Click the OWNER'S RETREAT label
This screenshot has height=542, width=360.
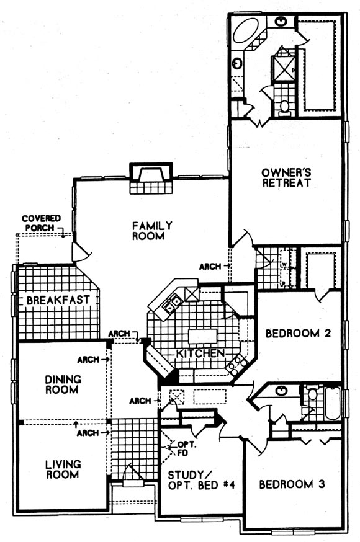click(286, 178)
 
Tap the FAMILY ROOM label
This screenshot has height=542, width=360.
click(152, 231)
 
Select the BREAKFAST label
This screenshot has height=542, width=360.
click(58, 300)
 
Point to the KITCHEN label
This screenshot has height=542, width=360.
click(200, 353)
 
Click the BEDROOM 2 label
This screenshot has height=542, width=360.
click(298, 333)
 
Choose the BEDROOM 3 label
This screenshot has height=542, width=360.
click(292, 484)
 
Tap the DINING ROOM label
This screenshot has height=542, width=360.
click(63, 384)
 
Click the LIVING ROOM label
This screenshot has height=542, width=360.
click(63, 469)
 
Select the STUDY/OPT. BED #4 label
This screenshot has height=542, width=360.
click(201, 480)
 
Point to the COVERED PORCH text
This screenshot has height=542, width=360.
click(41, 223)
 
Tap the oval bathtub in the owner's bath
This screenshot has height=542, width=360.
click(246, 31)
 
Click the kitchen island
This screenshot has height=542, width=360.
click(202, 336)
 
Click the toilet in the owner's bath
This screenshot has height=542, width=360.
click(285, 106)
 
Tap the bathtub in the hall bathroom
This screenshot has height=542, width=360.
click(333, 403)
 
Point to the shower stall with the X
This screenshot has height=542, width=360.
click(284, 68)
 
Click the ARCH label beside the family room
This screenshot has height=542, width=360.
click(210, 267)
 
